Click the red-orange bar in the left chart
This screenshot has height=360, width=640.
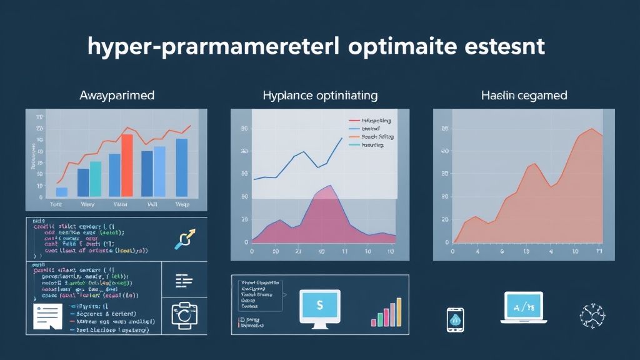[127, 166]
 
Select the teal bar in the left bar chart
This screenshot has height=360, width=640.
[96, 179]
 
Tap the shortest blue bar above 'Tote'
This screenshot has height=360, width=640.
[61, 192]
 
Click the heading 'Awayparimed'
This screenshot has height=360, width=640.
[117, 96]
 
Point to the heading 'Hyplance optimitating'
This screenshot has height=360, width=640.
[319, 96]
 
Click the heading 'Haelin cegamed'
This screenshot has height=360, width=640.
[524, 96]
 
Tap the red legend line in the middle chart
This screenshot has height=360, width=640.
[354, 119]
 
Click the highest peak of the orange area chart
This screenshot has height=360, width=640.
[591, 129]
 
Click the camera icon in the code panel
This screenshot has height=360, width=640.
[184, 315]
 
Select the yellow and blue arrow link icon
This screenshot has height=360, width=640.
[186, 239]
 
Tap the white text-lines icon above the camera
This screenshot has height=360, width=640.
[184, 281]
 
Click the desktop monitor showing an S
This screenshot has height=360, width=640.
[319, 307]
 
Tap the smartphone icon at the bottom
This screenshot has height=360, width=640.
[454, 319]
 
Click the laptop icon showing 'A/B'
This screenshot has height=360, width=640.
[522, 307]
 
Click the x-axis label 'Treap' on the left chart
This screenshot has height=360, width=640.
[182, 204]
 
